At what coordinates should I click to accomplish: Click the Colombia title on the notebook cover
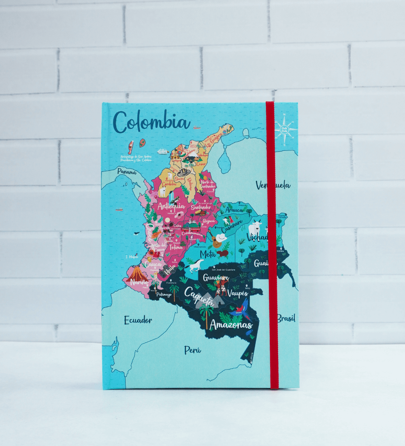tap(151, 122)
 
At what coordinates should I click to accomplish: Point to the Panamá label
tap(127, 172)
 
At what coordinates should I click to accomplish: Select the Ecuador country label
tap(138, 320)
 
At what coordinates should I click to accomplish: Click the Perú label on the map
tap(193, 350)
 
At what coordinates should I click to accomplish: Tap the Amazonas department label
tap(231, 325)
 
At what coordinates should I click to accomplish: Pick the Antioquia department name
tap(171, 206)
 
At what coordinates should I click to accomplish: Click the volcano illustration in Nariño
tap(136, 274)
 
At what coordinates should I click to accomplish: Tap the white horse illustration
tap(195, 266)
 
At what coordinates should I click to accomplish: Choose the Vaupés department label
tap(238, 293)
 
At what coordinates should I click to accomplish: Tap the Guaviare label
tap(216, 278)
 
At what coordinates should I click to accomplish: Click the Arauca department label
tap(234, 210)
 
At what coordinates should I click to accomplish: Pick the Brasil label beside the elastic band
tap(286, 318)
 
